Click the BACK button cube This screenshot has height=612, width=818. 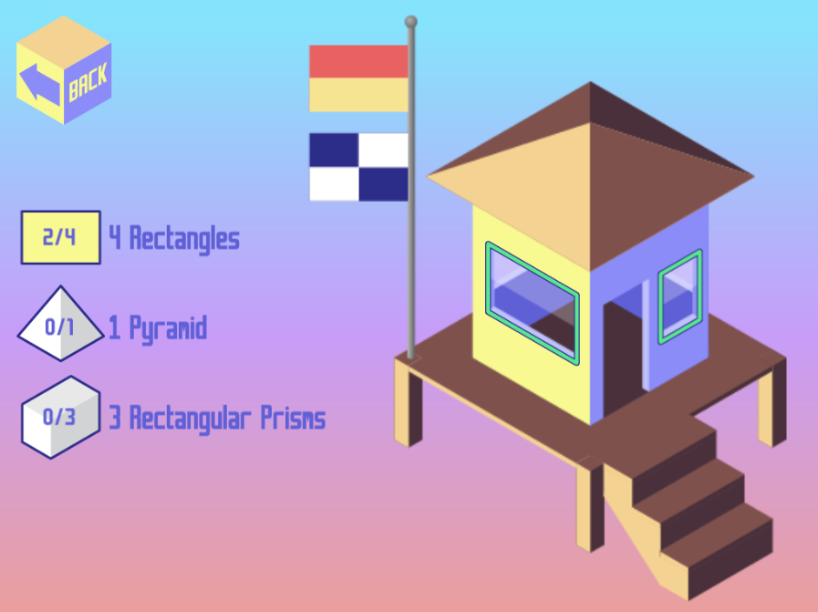tap(64, 70)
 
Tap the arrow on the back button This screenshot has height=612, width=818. tap(40, 84)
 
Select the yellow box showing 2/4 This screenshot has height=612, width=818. tap(60, 237)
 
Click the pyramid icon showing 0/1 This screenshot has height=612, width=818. tap(60, 324)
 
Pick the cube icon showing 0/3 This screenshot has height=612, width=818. tap(60, 417)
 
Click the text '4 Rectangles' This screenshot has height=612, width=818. tap(174, 238)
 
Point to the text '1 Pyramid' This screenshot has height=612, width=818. tap(158, 328)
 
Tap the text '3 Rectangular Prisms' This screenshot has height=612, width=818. tap(217, 418)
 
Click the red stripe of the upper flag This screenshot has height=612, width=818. tap(358, 62)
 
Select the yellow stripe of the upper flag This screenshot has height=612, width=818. tap(358, 95)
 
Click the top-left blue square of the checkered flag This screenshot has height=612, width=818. tap(334, 150)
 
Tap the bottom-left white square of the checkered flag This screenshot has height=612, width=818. tap(334, 184)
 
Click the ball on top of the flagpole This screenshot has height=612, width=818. tap(411, 21)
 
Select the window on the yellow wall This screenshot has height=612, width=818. tap(533, 303)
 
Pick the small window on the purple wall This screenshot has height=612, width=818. tap(680, 296)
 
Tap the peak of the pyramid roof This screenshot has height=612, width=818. tap(591, 82)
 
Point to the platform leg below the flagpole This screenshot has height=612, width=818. tap(409, 401)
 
